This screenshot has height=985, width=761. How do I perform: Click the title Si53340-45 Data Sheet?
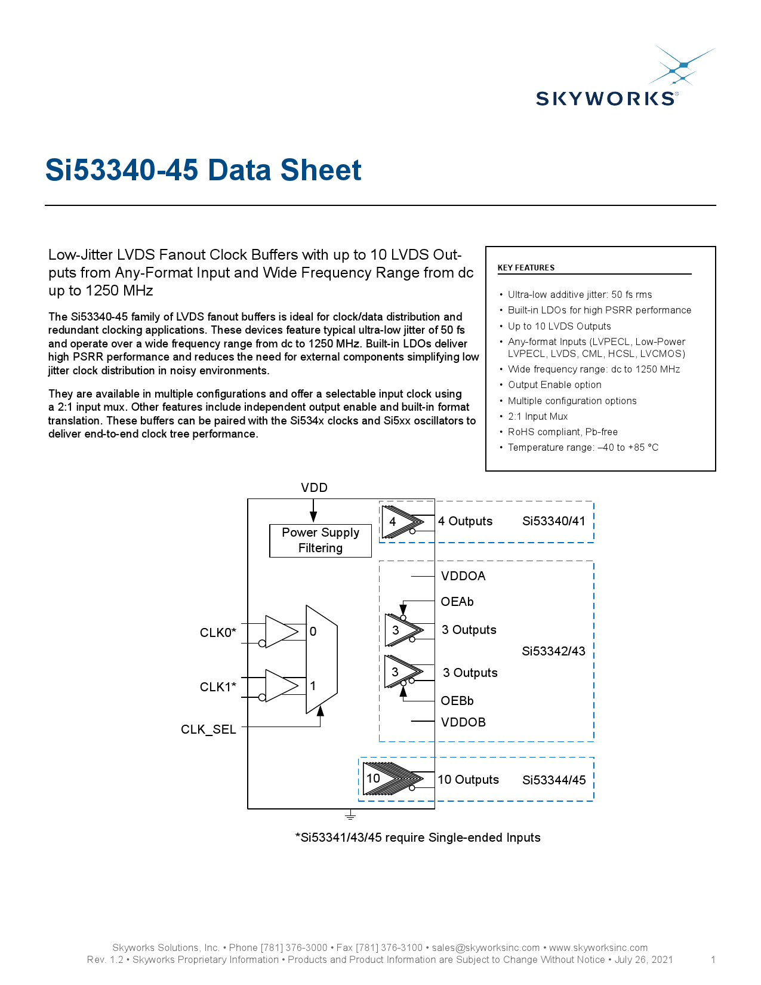(x=203, y=170)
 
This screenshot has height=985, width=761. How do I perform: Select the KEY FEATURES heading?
(x=526, y=267)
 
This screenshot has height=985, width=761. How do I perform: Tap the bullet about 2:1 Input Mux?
(x=537, y=416)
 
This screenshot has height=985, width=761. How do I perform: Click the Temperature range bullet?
(x=583, y=447)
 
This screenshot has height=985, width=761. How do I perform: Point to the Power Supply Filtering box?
(x=321, y=540)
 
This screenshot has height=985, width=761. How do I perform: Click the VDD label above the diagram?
(x=314, y=488)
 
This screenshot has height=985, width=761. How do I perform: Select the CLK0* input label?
(x=218, y=633)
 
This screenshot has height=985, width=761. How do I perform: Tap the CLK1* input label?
(x=218, y=687)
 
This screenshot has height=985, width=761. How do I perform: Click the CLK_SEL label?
(x=208, y=729)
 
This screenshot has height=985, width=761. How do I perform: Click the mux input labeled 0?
(x=313, y=632)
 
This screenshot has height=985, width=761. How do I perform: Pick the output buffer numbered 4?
(x=399, y=522)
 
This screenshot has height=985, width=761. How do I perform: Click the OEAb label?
(x=457, y=602)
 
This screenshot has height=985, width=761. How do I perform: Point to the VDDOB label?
(x=463, y=722)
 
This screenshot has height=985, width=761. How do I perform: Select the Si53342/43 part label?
(x=553, y=651)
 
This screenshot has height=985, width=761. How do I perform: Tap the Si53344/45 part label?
(x=554, y=780)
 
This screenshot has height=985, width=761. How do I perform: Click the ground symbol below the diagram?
(x=350, y=815)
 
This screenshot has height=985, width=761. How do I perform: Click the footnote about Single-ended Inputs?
(x=418, y=838)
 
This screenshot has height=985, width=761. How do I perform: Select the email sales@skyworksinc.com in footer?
(x=485, y=947)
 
